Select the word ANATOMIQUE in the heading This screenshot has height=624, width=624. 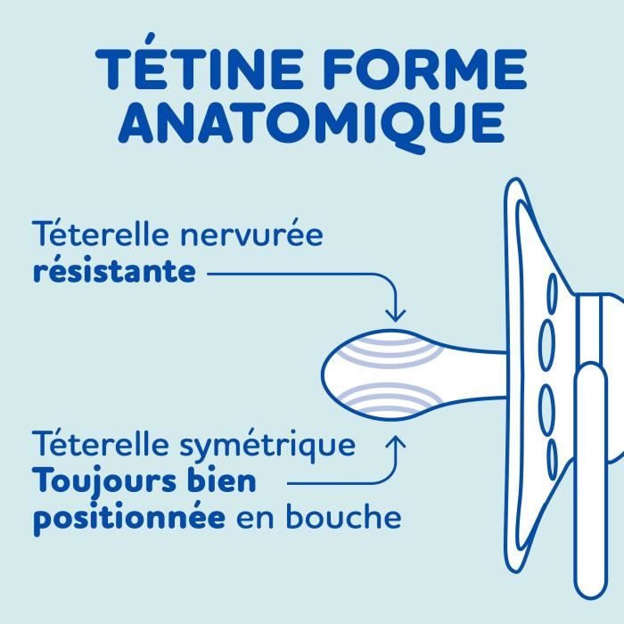(x=311, y=125)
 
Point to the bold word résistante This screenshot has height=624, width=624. (x=114, y=271)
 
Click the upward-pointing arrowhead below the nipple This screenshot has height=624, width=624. (x=396, y=439)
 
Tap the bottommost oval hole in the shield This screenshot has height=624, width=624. (x=551, y=450)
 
